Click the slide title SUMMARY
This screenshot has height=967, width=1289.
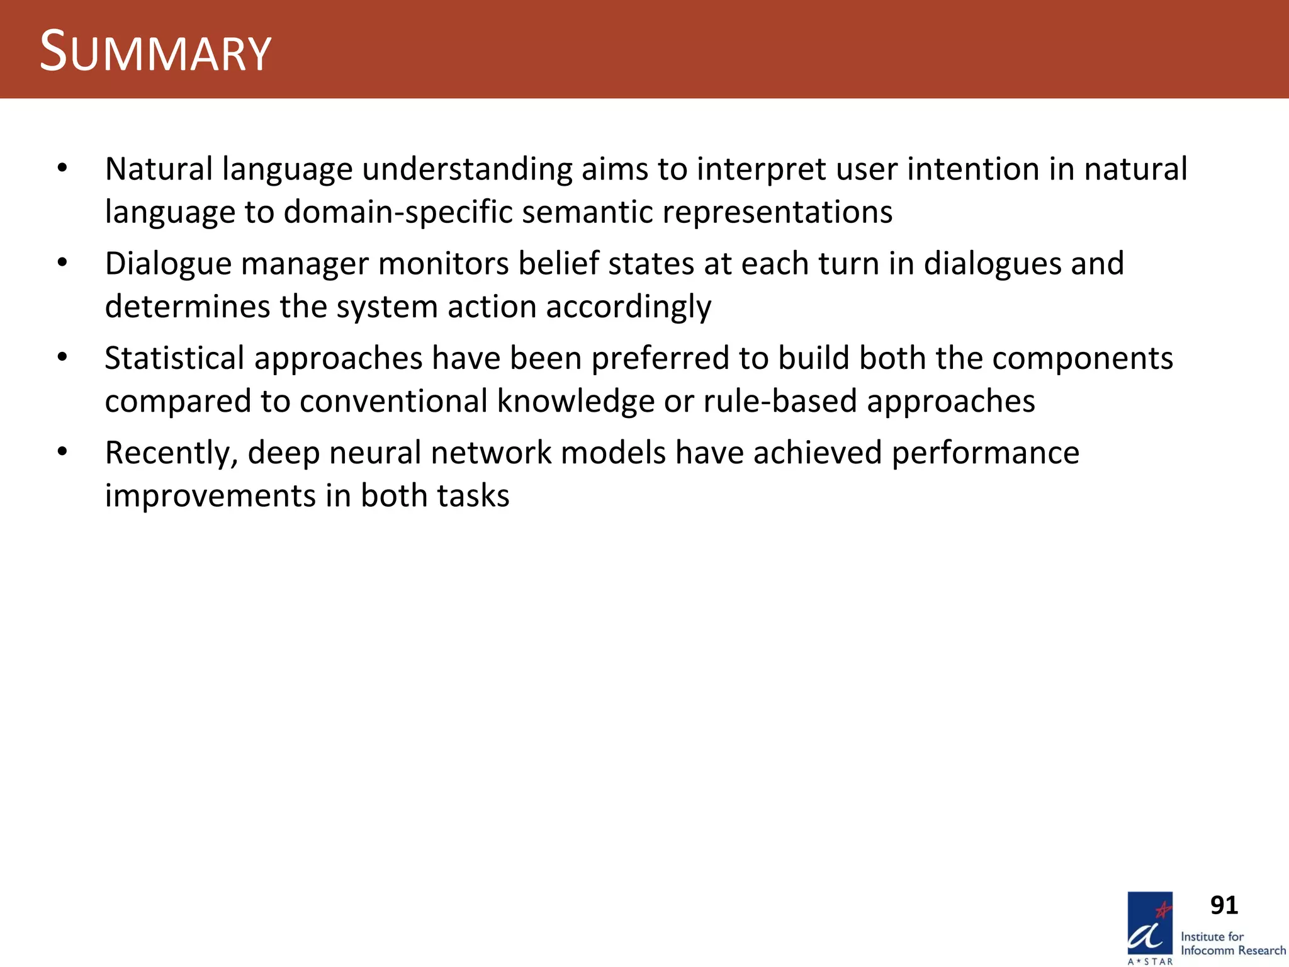(155, 52)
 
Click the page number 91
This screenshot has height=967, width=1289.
(1224, 906)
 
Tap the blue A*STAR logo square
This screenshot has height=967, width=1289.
(1150, 923)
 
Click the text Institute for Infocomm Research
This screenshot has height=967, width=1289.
(1232, 943)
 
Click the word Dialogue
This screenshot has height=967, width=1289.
(168, 264)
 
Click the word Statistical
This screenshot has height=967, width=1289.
(174, 358)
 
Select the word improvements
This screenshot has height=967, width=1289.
(210, 496)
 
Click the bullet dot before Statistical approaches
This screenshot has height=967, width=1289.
(62, 358)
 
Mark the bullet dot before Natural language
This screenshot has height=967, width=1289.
(62, 168)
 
